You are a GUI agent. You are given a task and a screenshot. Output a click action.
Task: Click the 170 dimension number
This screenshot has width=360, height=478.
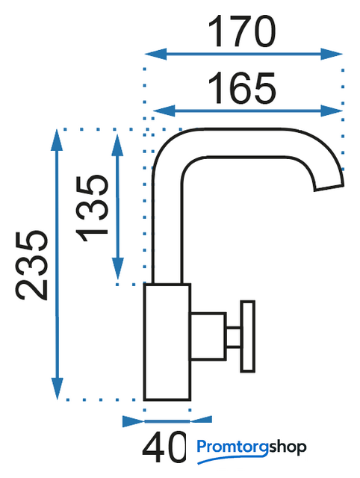tap(242, 31)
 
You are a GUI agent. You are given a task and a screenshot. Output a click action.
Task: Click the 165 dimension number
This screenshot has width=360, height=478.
tap(242, 88)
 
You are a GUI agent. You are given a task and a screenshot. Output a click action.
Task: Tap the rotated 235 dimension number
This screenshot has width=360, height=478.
tap(31, 265)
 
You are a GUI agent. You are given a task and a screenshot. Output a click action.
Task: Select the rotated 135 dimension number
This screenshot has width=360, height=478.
tap(92, 208)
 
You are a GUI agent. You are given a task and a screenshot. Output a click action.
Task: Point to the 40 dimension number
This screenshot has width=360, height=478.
tap(164, 447)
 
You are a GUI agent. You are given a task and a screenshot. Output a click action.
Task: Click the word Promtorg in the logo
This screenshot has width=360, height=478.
tap(233, 447)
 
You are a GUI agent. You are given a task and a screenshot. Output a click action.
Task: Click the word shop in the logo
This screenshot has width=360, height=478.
tap(288, 447)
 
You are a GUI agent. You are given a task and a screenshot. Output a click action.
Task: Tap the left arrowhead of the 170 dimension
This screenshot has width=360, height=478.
tap(155, 54)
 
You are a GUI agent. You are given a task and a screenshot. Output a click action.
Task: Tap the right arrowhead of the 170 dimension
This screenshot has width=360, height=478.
tap(332, 54)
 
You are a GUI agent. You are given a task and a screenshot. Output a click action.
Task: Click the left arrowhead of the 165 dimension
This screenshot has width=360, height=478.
tap(164, 111)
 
